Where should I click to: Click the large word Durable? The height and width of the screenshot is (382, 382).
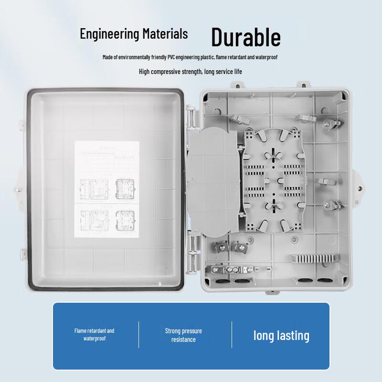[246, 37]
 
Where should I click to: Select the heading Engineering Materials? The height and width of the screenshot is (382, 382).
[134, 34]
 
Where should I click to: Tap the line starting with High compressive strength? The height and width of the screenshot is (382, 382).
[191, 72]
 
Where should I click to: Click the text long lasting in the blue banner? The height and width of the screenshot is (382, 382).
[281, 335]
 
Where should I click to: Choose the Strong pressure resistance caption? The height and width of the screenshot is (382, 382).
[183, 335]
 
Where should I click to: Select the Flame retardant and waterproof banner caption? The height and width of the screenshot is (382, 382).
[94, 334]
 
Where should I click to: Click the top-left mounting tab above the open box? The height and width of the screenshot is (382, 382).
[236, 85]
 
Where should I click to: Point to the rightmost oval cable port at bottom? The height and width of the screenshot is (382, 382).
[324, 281]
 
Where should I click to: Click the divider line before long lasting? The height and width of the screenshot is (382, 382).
[232, 335]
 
